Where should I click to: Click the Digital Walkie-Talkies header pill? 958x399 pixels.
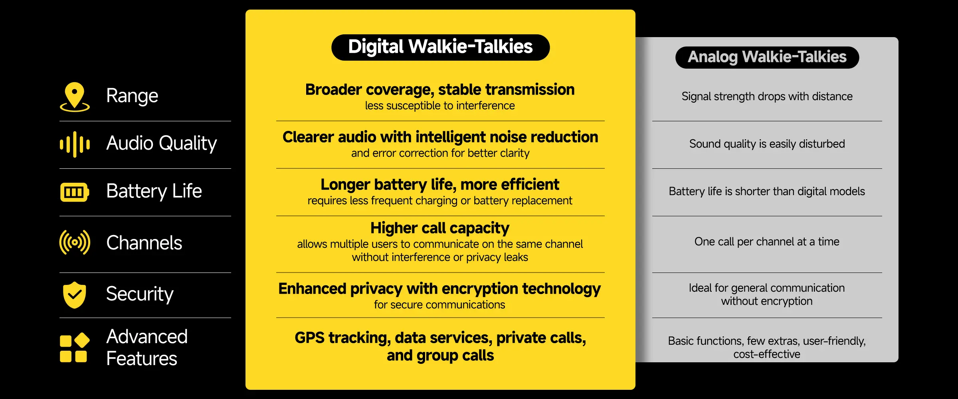coord(440,47)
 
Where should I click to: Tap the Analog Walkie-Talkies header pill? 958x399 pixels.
coord(767,57)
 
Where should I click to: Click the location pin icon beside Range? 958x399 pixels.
coord(75,96)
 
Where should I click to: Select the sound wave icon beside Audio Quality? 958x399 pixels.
coord(75,144)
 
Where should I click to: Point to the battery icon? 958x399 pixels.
coord(74,192)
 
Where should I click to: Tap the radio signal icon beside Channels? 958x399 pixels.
coord(75,242)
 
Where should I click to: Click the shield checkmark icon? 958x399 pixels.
coord(75,295)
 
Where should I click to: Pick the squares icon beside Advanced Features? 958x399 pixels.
coord(74,347)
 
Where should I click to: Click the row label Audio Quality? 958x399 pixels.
coord(161,143)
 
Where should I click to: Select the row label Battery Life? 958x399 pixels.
coord(154,191)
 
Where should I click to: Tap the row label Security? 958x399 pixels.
coord(140,294)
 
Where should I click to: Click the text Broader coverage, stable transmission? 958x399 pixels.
coord(440,90)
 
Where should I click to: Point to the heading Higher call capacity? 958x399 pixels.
coord(440,228)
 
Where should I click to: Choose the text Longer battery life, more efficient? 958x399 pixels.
coord(440,185)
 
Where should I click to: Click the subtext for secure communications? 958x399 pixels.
coord(439,305)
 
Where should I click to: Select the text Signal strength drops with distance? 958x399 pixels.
coord(767,97)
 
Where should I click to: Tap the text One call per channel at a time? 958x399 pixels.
coord(767,242)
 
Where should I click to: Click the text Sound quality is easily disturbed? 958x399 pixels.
coord(767,144)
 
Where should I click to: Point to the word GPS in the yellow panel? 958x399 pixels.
coord(310,338)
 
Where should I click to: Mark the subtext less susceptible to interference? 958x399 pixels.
coord(440,106)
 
